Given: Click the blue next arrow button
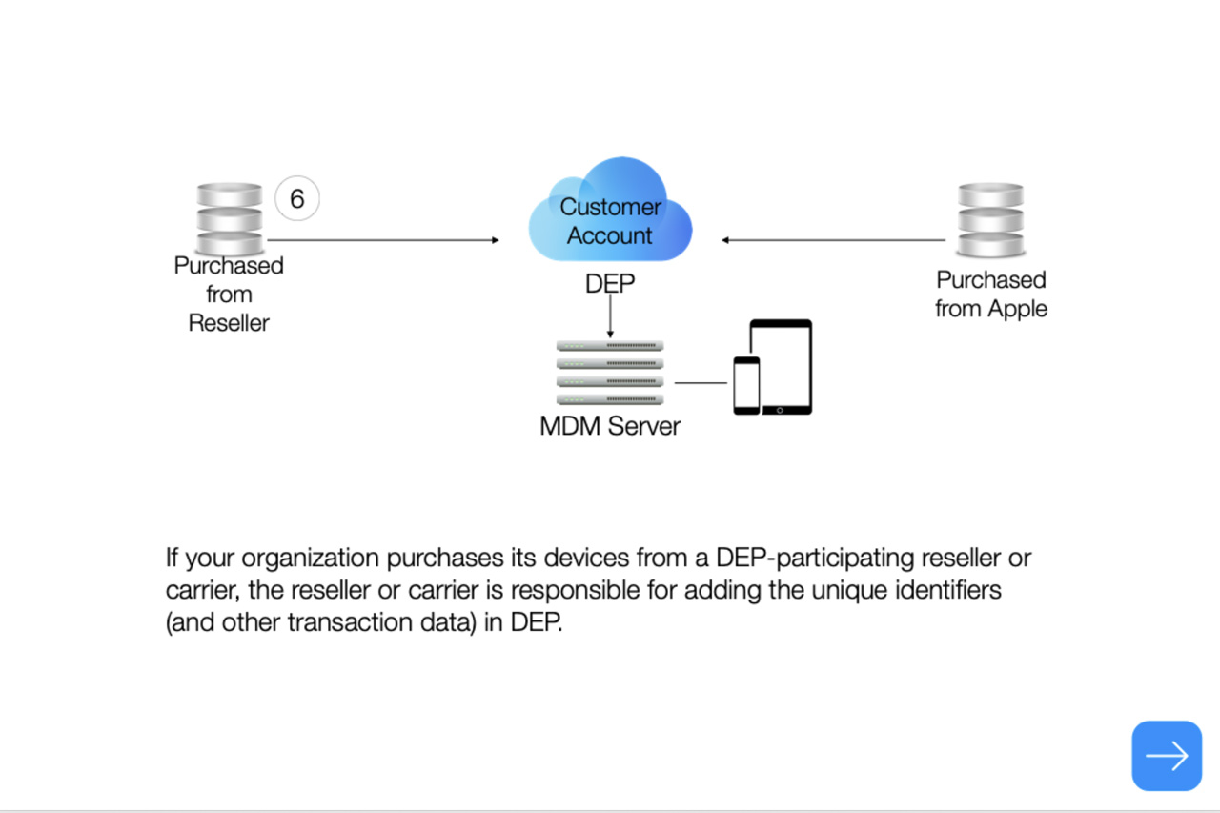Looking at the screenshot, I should click(1167, 756).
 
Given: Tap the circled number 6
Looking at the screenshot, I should click(296, 199).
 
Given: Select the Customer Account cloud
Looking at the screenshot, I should click(610, 215).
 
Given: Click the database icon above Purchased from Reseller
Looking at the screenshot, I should click(229, 218).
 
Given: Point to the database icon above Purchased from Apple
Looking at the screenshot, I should click(991, 220).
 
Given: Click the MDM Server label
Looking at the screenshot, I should click(610, 426).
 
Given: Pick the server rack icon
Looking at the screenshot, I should click(610, 373).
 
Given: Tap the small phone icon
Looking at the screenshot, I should click(746, 385).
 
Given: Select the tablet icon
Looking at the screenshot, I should click(781, 366).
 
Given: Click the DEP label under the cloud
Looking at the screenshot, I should click(610, 284).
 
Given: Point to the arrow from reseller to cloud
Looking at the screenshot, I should click(381, 240).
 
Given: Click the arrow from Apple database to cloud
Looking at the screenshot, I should click(834, 240).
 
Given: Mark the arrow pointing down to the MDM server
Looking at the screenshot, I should click(610, 315).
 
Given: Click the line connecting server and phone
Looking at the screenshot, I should click(701, 383).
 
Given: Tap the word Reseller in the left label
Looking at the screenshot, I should click(229, 323).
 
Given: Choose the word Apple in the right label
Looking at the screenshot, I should click(1019, 309).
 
